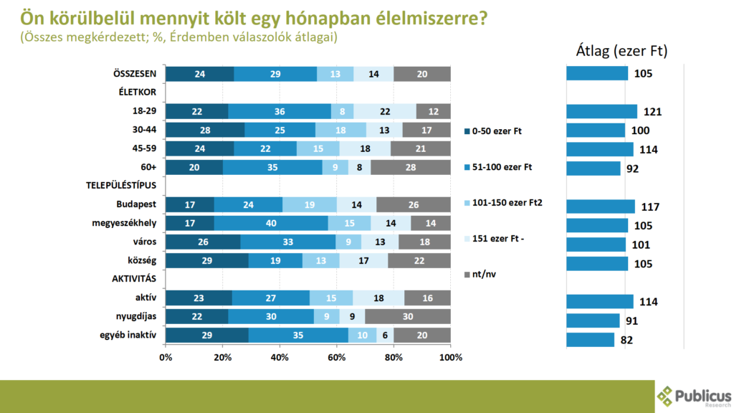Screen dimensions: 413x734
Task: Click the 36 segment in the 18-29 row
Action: [280, 111]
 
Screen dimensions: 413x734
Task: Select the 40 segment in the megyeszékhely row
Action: [271, 223]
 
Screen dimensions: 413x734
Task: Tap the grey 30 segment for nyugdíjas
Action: [408, 316]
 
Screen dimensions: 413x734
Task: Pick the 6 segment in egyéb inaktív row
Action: [385, 335]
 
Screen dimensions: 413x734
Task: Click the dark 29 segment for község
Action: [206, 260]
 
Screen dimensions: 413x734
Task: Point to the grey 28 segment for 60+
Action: [411, 167]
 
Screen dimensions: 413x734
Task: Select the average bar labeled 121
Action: [601, 111]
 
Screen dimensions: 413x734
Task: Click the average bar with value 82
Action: [590, 339]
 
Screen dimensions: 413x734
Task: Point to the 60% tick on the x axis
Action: [337, 357]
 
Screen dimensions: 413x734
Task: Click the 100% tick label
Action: [450, 357]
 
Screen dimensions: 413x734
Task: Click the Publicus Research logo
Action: [693, 396]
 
